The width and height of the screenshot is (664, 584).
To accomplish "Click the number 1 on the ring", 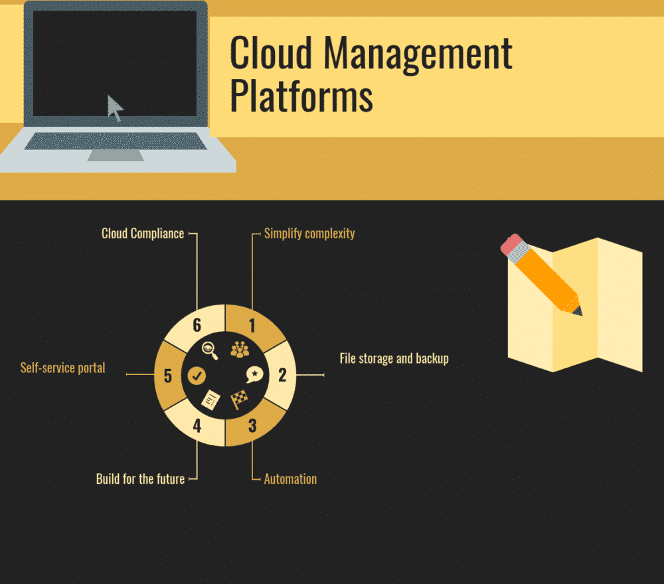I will [x=252, y=325].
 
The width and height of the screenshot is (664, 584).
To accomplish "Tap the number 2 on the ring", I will [x=282, y=375].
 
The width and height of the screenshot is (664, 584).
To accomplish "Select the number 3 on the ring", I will [x=252, y=425].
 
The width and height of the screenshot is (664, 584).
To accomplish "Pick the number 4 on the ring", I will [x=197, y=425].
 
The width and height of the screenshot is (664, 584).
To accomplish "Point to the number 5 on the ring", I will [x=167, y=376].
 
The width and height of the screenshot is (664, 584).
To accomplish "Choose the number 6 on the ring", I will [x=197, y=325].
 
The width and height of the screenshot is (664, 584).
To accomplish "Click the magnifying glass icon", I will [x=210, y=350].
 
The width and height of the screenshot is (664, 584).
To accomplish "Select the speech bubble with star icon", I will [x=254, y=375].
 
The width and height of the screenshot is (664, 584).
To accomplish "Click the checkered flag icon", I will [x=238, y=400].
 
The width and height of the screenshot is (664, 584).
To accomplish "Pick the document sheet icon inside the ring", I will [x=211, y=400].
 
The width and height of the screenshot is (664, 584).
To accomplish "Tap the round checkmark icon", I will [x=197, y=376].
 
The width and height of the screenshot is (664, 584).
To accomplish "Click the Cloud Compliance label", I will [x=143, y=234].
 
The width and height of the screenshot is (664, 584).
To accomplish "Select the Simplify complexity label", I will [x=309, y=234].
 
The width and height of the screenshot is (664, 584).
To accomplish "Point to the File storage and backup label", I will [x=394, y=359].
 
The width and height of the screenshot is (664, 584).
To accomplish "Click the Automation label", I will [x=290, y=479].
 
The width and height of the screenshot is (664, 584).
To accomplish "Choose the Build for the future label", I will [x=140, y=479].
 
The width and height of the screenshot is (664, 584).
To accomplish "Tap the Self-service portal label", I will [x=62, y=368].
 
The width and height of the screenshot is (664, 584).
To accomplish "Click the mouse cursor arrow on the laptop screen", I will [x=116, y=108].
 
